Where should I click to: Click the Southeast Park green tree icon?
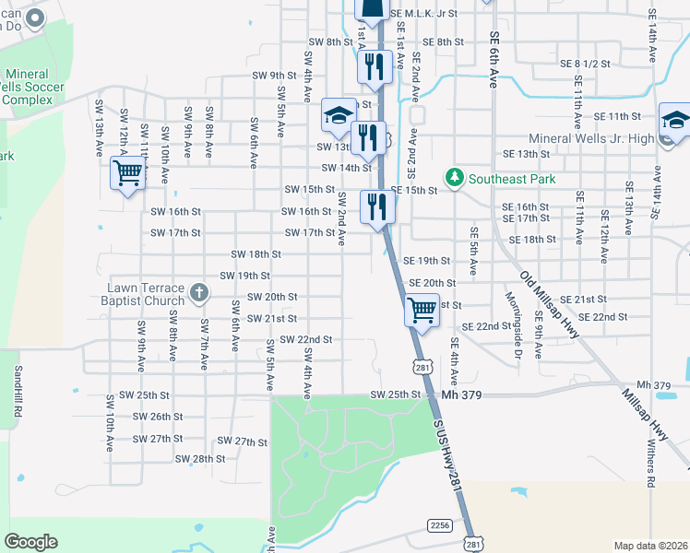(x=454, y=176)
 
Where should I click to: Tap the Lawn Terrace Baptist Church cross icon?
(x=198, y=295)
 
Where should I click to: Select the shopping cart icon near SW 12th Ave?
(x=127, y=172)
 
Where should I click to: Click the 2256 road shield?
(x=440, y=524)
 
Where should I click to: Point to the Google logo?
(x=30, y=542)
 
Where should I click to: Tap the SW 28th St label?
(x=199, y=459)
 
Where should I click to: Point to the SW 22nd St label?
(x=305, y=340)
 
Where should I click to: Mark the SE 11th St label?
(x=617, y=116)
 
